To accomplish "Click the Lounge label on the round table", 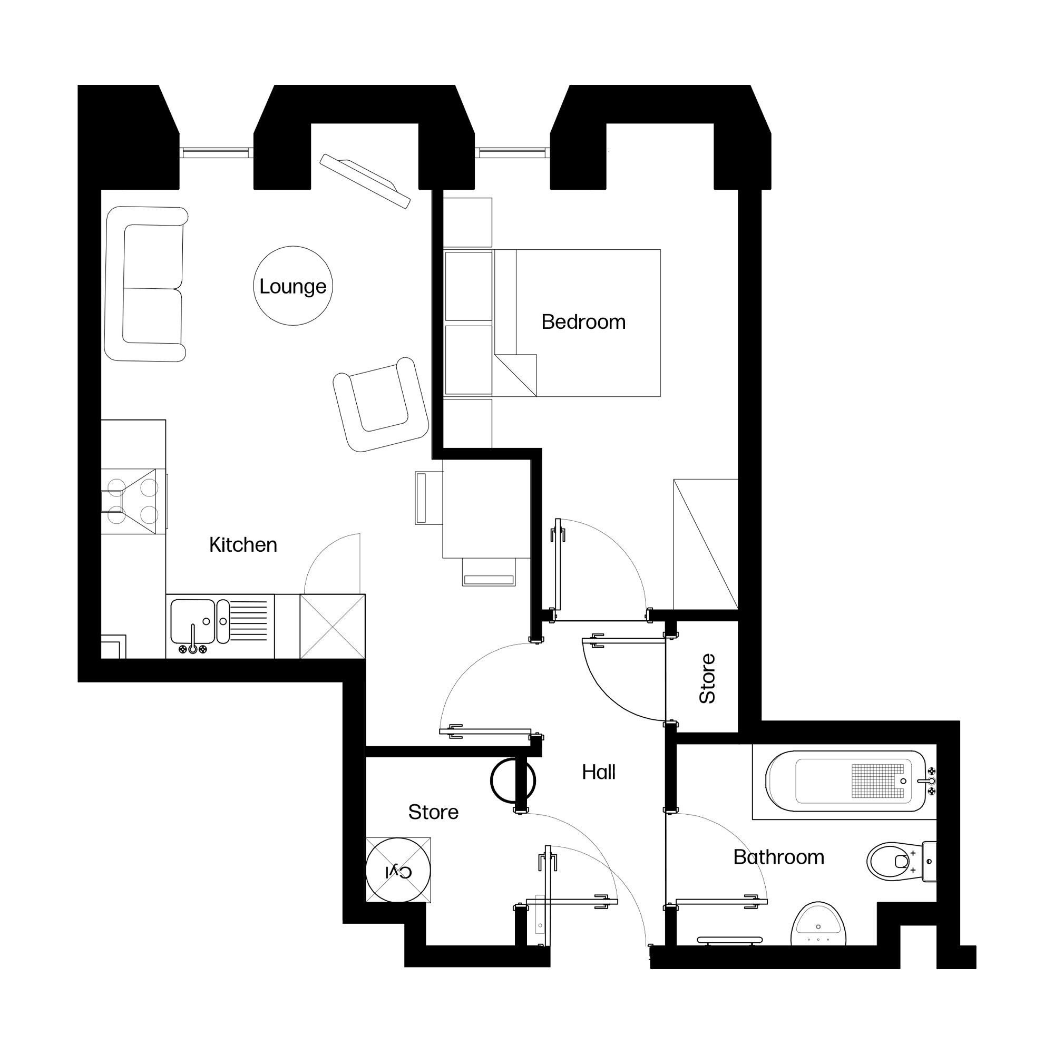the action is click(x=292, y=286).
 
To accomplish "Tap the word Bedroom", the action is click(x=583, y=322).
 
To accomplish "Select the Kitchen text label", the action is click(x=243, y=544).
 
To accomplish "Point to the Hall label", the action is click(x=599, y=772).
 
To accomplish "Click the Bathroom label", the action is click(x=778, y=857).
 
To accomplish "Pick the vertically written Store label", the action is click(x=707, y=678).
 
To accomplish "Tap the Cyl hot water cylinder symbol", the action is click(x=398, y=870).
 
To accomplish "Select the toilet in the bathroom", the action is click(x=901, y=862).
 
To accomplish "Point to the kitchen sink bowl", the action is click(x=192, y=621).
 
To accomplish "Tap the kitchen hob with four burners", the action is click(x=133, y=501).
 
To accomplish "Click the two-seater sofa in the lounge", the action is click(x=145, y=284).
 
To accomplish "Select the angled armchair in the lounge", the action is click(x=381, y=405).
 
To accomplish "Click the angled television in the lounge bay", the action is click(x=365, y=181).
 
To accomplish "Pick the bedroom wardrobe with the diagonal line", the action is click(x=706, y=544).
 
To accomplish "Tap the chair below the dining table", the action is click(x=489, y=572).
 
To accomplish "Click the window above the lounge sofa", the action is click(x=217, y=153).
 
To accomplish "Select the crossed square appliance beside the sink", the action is click(x=332, y=626).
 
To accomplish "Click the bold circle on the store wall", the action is click(x=513, y=780).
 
